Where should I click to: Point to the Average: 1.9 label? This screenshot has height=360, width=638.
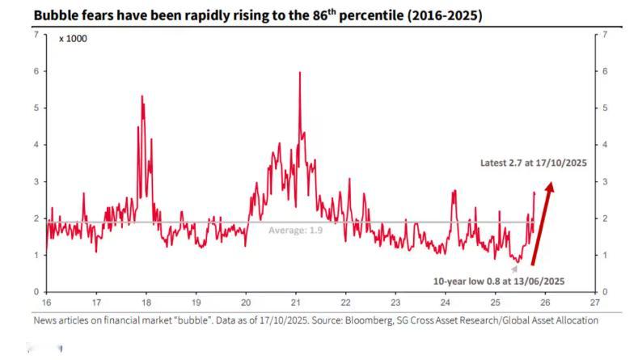click(x=295, y=230)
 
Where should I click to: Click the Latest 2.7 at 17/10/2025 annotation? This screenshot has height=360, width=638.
click(x=534, y=163)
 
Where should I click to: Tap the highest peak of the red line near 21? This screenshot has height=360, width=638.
click(x=300, y=73)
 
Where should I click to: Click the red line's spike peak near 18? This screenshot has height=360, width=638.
click(x=142, y=96)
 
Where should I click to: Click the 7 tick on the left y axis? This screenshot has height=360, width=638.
click(x=36, y=35)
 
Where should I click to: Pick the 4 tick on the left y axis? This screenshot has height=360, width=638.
click(x=36, y=145)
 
